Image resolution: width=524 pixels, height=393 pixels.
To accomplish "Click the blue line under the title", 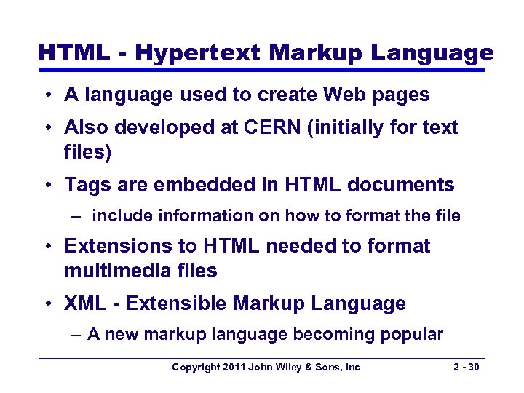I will pyautogui.click(x=262, y=70).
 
